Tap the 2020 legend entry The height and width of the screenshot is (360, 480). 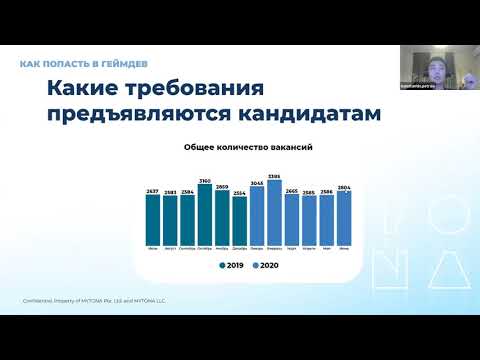pos(264,266)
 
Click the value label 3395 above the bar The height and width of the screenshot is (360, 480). pos(274,176)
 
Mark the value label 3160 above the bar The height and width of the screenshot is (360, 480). pos(205,181)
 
